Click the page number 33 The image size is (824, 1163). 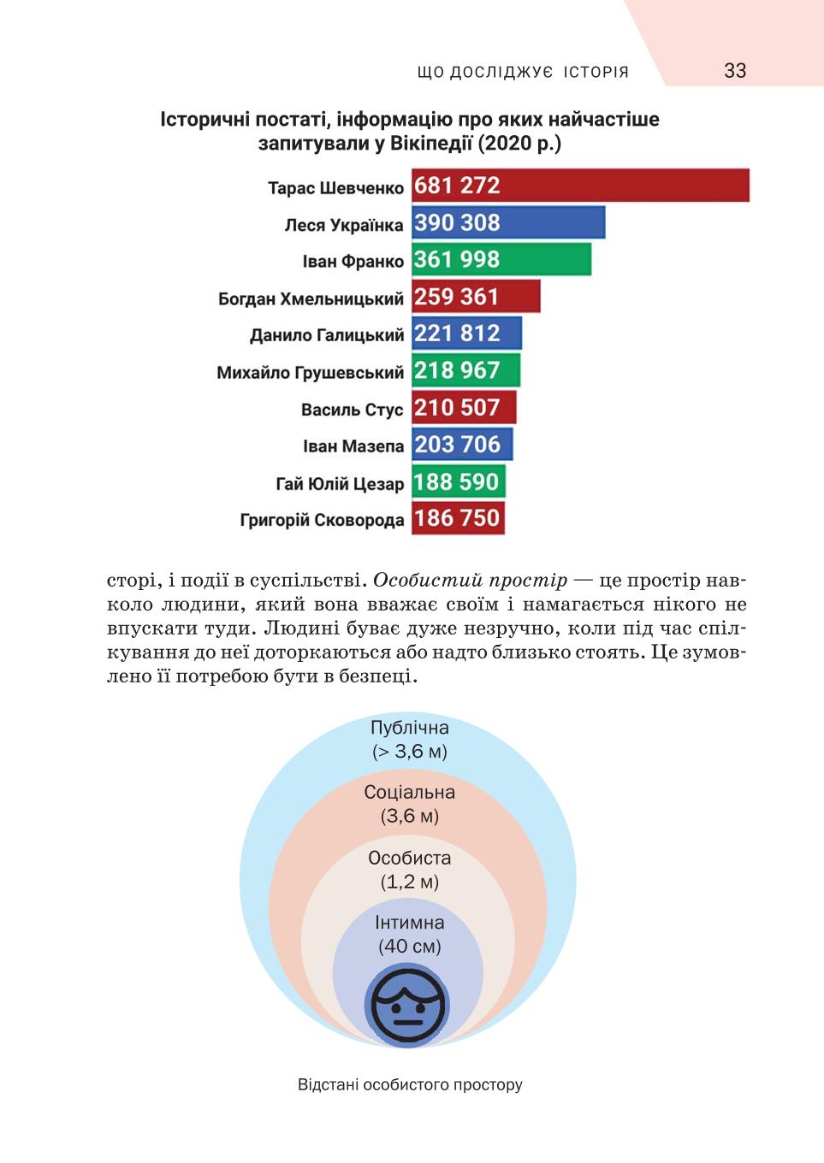(735, 71)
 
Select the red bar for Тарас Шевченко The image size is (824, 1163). (580, 185)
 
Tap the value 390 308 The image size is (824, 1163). (457, 222)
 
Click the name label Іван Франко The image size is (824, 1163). (353, 261)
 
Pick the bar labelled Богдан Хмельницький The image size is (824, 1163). (476, 296)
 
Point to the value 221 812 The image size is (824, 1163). (457, 334)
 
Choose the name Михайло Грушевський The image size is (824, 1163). (310, 372)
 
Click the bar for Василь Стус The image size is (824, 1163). (464, 407)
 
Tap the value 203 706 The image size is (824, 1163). (457, 445)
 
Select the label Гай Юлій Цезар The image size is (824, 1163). (340, 484)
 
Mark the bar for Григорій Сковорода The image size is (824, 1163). (459, 517)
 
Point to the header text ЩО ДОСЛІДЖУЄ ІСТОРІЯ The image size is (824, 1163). (523, 72)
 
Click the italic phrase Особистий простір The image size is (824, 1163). (471, 581)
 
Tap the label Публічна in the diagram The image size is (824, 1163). (409, 728)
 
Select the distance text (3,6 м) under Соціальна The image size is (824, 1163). (409, 816)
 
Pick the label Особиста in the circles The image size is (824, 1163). (409, 858)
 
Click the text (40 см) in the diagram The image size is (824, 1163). (409, 946)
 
